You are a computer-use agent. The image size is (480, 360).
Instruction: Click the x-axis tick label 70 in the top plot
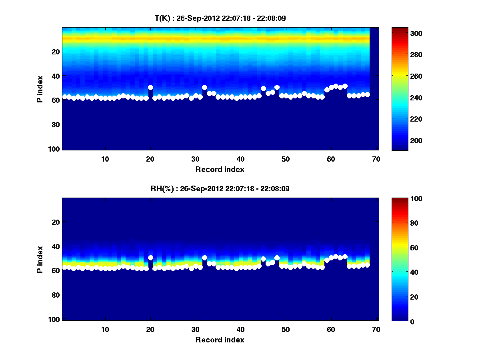(x=376, y=159)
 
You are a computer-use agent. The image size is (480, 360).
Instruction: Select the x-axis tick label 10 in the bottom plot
(x=105, y=329)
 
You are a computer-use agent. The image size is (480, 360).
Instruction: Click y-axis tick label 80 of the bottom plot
(x=56, y=295)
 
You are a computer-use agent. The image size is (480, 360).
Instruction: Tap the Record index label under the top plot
(x=220, y=169)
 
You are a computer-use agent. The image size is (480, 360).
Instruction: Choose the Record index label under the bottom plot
(x=220, y=340)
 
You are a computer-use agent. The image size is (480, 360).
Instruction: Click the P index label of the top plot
(x=40, y=89)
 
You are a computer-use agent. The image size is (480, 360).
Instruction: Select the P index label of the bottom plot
(x=40, y=259)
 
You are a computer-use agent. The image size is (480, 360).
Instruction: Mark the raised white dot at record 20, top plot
(x=150, y=87)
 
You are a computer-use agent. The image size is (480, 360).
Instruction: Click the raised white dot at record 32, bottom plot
(x=204, y=258)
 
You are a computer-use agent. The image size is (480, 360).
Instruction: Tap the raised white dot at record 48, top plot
(x=277, y=87)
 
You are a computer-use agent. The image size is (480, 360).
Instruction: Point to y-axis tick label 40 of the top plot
(x=56, y=76)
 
